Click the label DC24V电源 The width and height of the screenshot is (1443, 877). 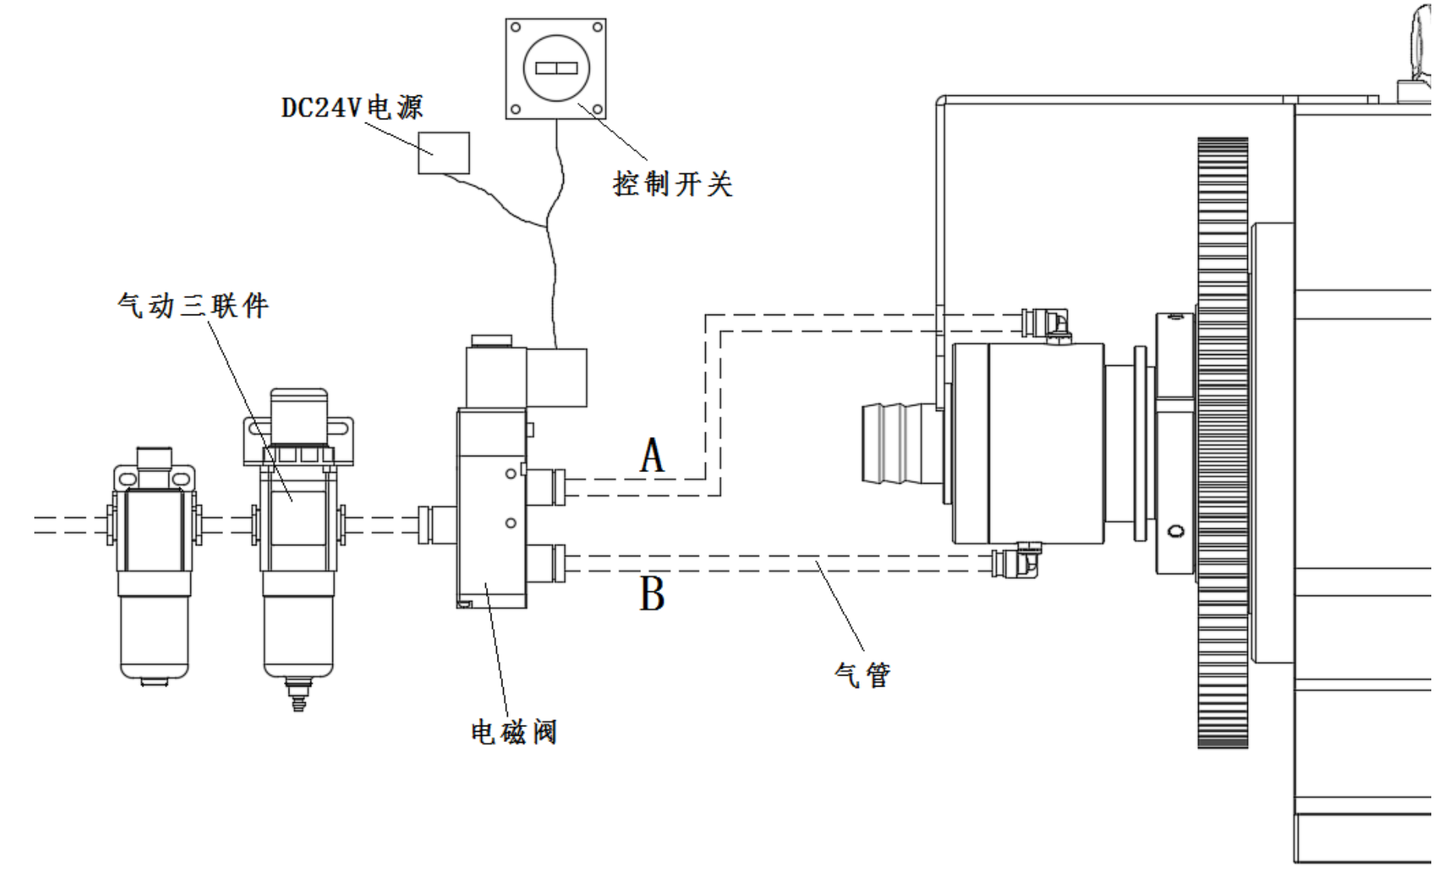click(x=352, y=107)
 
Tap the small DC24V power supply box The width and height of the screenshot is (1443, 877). click(x=443, y=153)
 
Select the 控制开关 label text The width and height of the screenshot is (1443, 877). click(x=672, y=184)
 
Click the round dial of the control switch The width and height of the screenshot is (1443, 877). click(x=555, y=68)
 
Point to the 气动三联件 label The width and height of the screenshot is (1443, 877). click(x=193, y=305)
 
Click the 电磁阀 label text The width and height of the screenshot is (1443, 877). click(x=513, y=732)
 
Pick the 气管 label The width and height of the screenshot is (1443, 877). click(x=862, y=674)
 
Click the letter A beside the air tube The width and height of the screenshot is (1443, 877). click(x=652, y=456)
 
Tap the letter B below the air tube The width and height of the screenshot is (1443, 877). click(x=652, y=595)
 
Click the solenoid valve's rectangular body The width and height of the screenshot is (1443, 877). click(x=492, y=507)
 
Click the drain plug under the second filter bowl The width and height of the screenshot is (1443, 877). click(x=298, y=694)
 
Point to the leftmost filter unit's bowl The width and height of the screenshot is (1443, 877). click(x=154, y=636)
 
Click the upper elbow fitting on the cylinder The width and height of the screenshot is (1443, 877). click(x=1048, y=322)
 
